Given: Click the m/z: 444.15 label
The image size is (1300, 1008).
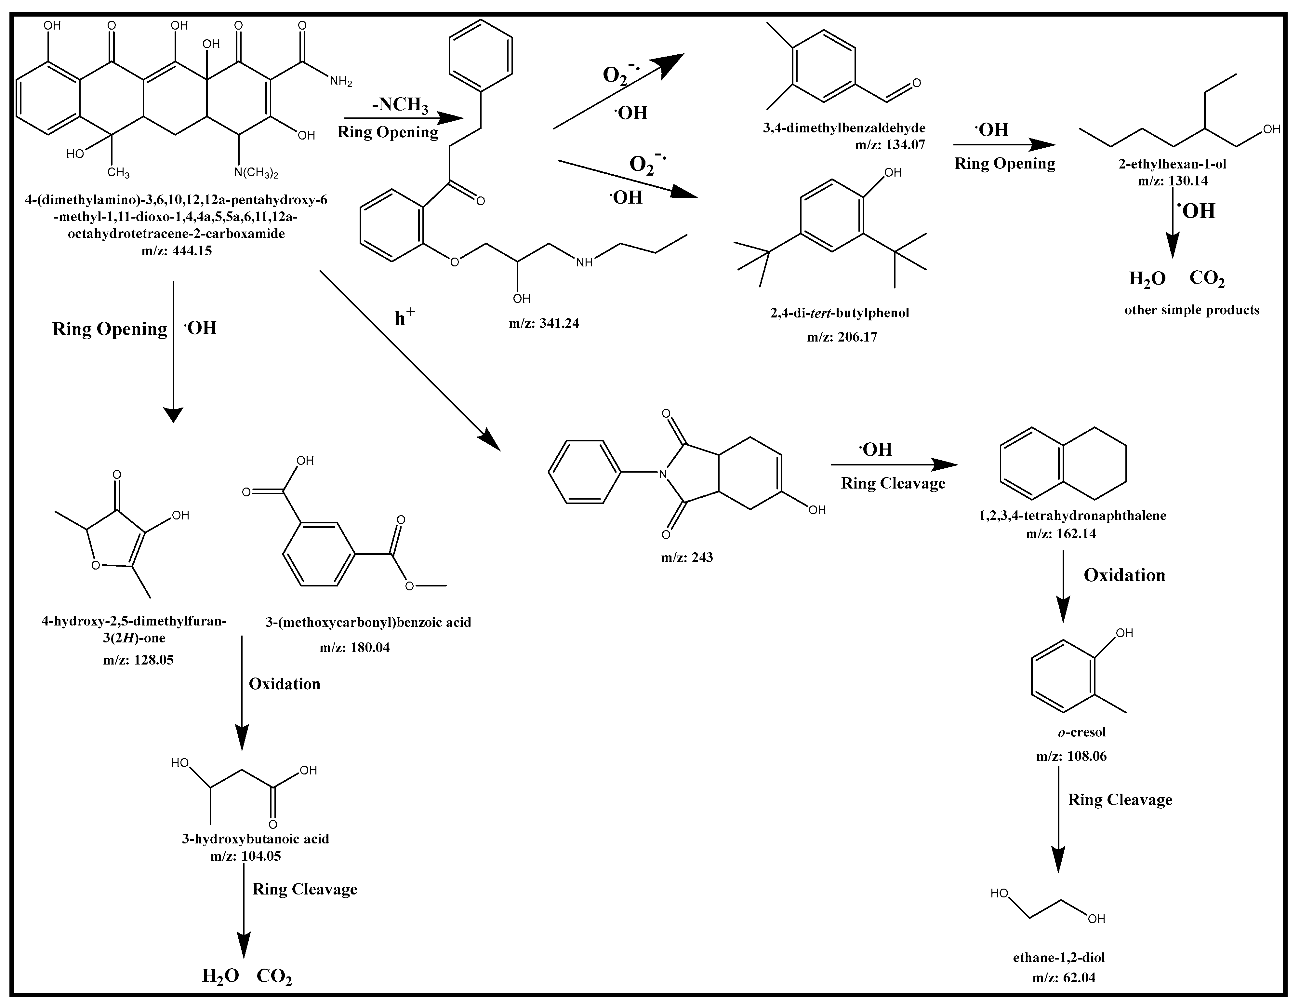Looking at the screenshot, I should (x=177, y=251).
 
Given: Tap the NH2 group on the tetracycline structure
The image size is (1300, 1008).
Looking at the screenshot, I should (x=340, y=81).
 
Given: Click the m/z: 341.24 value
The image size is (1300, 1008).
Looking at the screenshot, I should (x=543, y=323).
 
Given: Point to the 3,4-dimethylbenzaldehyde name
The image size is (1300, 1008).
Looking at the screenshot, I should (x=844, y=128).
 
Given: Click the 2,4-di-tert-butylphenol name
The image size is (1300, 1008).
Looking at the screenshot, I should (x=839, y=313).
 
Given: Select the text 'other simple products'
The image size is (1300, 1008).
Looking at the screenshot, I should (x=1192, y=310).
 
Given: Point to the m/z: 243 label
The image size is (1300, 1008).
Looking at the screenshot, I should (x=686, y=557).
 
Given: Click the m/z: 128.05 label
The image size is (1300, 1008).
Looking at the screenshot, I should (x=138, y=660).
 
